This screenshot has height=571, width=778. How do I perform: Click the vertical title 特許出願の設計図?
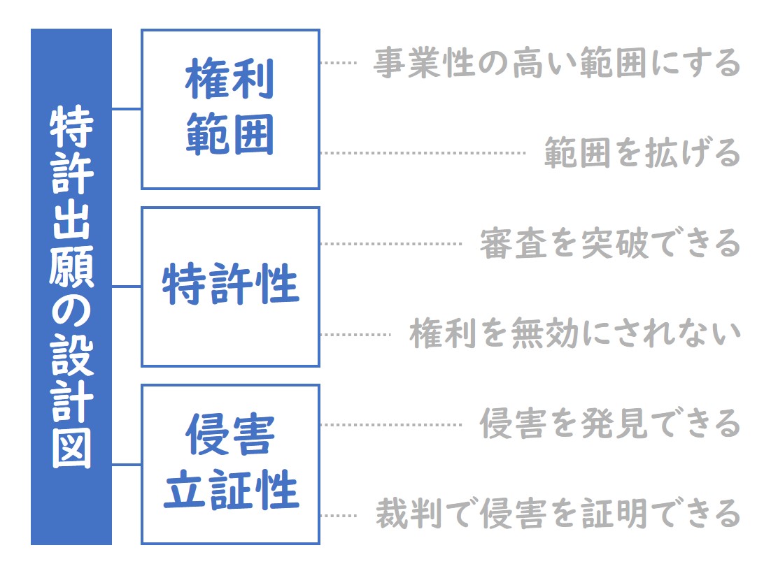[71, 287]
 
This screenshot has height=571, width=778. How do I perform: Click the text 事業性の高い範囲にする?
[557, 63]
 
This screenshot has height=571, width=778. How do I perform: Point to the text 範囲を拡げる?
[642, 152]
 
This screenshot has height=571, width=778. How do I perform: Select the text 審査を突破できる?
[610, 243]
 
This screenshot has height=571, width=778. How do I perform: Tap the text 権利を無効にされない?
[575, 333]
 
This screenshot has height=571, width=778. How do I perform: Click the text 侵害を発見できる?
[610, 424]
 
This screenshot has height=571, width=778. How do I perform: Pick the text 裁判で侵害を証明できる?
[558, 514]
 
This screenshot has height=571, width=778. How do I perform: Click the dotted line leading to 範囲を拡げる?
[423, 152]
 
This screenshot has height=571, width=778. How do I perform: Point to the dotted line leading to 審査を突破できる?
[391, 243]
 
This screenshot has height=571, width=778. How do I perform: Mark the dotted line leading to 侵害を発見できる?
[391, 424]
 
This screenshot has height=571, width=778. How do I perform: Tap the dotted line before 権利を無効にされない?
[355, 334]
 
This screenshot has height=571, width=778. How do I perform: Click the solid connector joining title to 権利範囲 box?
[127, 108]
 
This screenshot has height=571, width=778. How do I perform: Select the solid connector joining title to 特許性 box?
[127, 286]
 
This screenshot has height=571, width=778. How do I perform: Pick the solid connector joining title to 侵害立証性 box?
[127, 465]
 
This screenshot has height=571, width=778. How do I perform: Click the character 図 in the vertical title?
[71, 448]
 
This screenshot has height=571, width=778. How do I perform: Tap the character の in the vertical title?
[71, 311]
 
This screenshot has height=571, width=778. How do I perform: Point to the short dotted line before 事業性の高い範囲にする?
[339, 62]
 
